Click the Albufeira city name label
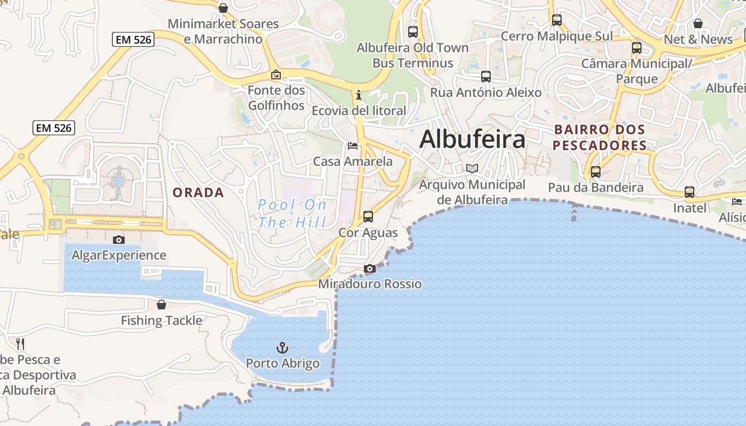pyautogui.click(x=472, y=140)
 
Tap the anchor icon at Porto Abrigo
pyautogui.click(x=282, y=348)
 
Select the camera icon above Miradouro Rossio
pyautogui.click(x=369, y=269)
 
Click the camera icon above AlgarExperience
pyautogui.click(x=119, y=240)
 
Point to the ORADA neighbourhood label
pyautogui.click(x=198, y=193)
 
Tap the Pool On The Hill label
pyautogui.click(x=292, y=214)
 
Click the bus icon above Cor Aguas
pyautogui.click(x=368, y=217)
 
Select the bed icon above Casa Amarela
pyautogui.click(x=353, y=146)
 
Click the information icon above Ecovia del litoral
pyautogui.click(x=359, y=95)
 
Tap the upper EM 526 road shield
pyautogui.click(x=133, y=39)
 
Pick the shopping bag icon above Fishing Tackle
pyautogui.click(x=161, y=305)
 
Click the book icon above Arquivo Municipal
pyautogui.click(x=472, y=168)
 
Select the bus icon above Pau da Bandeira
pyautogui.click(x=596, y=172)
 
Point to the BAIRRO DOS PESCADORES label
pyautogui.click(x=599, y=137)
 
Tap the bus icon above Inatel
pyautogui.click(x=690, y=192)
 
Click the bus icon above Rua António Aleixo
pyautogui.click(x=486, y=77)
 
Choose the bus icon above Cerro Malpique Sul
pyautogui.click(x=557, y=21)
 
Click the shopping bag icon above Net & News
pyautogui.click(x=698, y=23)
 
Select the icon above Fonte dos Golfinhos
pyautogui.click(x=276, y=75)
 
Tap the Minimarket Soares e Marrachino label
pyautogui.click(x=223, y=31)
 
